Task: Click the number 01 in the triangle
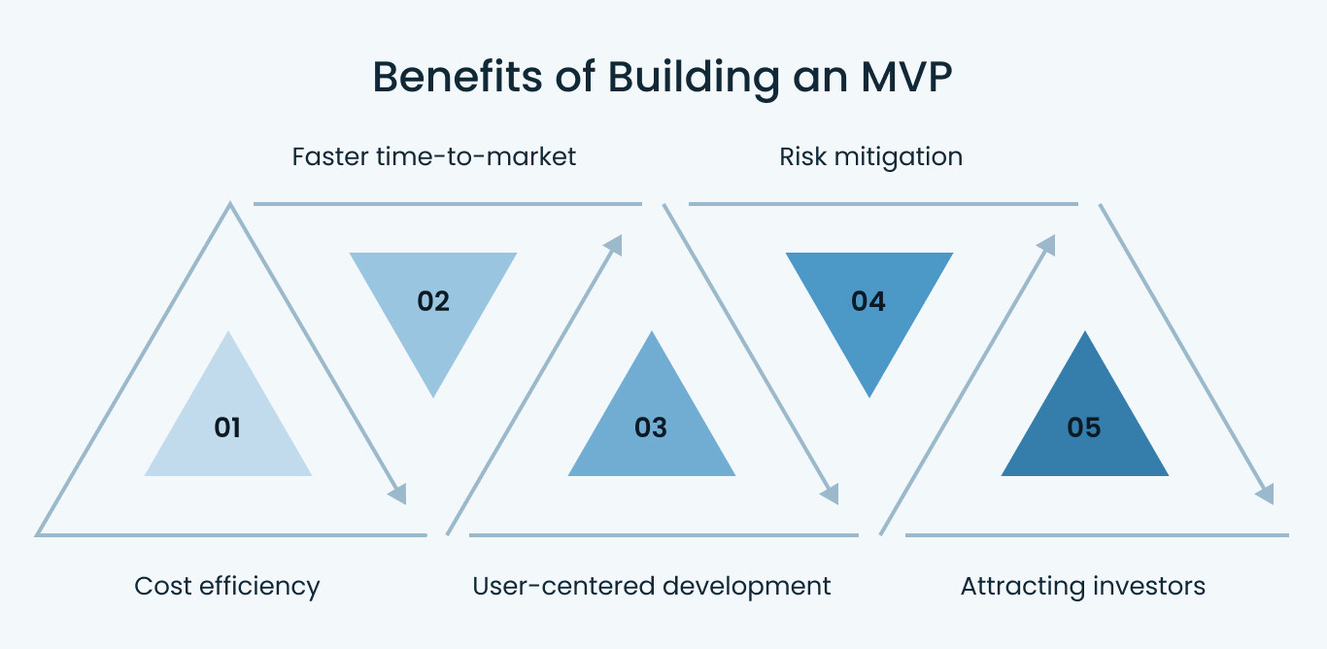(x=227, y=427)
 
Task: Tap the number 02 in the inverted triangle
(x=433, y=301)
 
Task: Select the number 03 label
(x=651, y=427)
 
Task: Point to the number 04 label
(x=868, y=301)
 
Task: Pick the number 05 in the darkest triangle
(x=1084, y=427)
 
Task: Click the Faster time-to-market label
(x=434, y=156)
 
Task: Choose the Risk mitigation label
(x=870, y=156)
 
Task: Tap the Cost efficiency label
(x=227, y=586)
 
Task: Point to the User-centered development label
(x=651, y=586)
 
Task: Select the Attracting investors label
(x=1082, y=586)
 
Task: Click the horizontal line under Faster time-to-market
(x=447, y=204)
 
